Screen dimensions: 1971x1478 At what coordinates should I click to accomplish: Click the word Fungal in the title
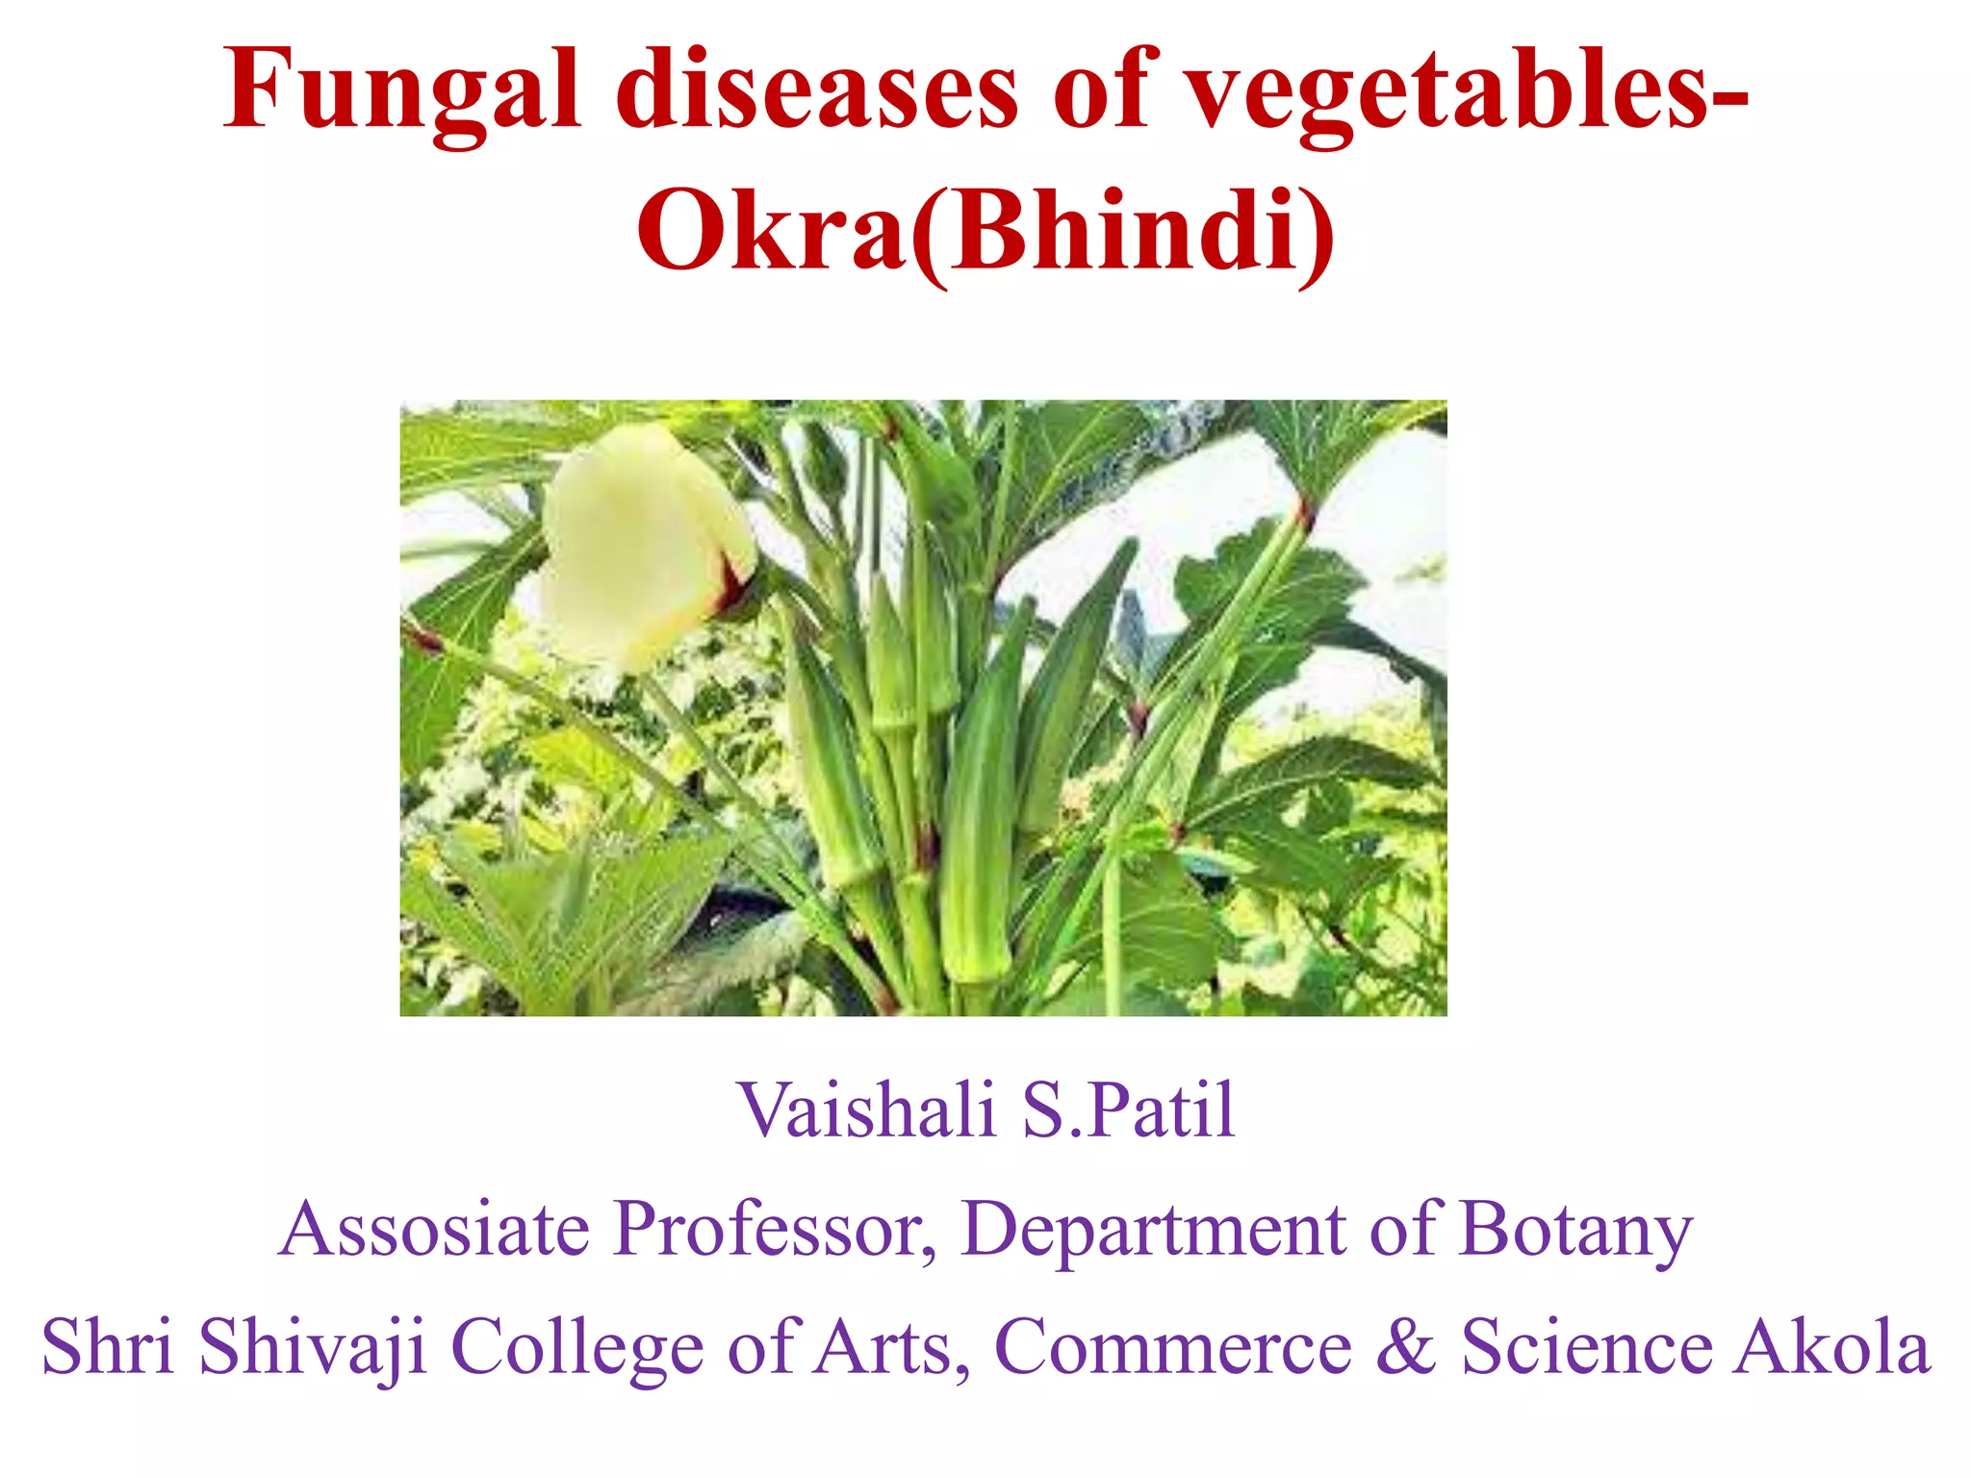click(402, 91)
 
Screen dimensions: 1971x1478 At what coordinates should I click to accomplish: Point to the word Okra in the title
click(770, 231)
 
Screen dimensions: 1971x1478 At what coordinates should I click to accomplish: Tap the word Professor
click(775, 1229)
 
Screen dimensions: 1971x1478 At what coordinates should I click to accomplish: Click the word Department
click(1154, 1229)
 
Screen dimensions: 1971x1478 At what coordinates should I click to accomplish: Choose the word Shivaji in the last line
click(313, 1347)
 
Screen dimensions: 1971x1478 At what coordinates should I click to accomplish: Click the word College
click(577, 1347)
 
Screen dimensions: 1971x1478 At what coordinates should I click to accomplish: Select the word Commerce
click(1173, 1347)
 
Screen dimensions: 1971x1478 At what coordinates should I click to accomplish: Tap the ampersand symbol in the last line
click(1406, 1347)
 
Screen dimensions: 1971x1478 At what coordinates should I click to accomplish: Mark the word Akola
click(1832, 1347)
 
